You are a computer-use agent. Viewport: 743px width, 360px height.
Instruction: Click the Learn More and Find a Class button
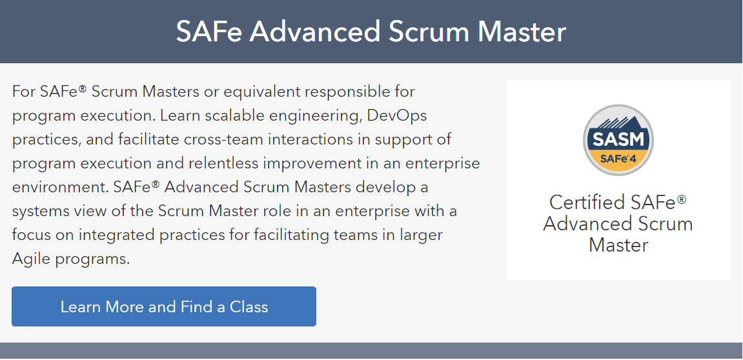point(164,306)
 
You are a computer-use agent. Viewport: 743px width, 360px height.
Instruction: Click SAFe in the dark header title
point(209,32)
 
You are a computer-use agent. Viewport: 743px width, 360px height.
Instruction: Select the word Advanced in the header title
point(315,32)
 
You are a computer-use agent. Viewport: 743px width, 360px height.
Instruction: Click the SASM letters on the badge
point(618,140)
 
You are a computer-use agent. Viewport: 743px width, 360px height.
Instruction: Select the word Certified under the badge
point(587,203)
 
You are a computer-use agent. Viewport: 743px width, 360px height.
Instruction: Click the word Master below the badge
point(618,245)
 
